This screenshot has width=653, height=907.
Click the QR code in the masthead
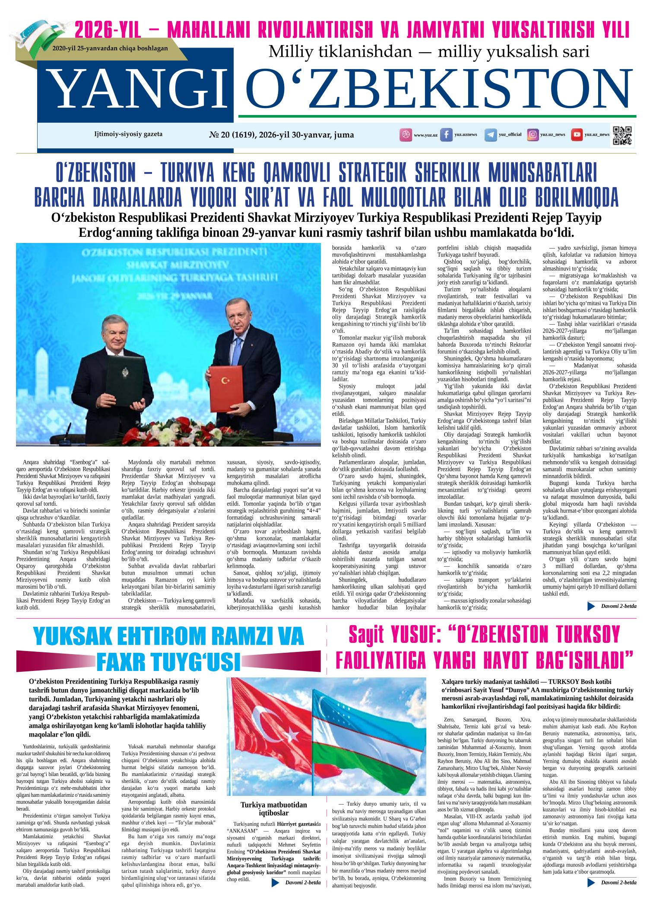coord(622,135)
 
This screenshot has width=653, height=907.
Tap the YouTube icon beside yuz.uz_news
coord(576,135)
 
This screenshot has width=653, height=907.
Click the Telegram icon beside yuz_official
coord(490,135)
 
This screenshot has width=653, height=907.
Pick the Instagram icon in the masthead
coord(533,135)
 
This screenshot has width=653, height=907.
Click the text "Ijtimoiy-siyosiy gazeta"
coord(128,134)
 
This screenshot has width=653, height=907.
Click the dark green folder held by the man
coord(125,380)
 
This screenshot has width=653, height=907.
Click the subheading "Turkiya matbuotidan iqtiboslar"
coord(274,808)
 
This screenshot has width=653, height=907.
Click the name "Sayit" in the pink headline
coord(367,635)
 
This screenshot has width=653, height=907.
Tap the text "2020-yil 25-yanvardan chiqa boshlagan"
coord(110,49)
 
